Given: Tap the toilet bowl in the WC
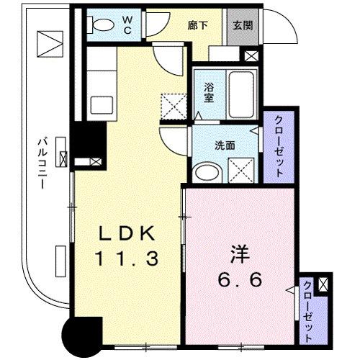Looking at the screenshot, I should pos(102,24).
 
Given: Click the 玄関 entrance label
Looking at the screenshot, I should pos(242,24).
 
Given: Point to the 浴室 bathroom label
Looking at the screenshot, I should pos(210,93).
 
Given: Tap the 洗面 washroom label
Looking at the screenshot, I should pos(225,144).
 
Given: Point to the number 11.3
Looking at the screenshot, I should pos(127,258).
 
